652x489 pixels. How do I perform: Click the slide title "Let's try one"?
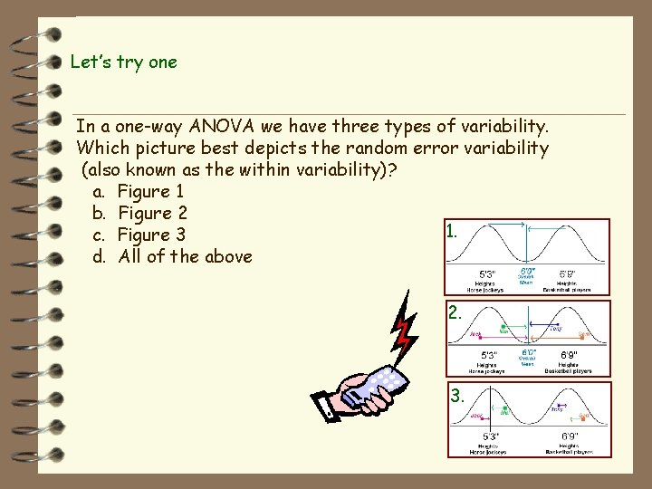pos(124,62)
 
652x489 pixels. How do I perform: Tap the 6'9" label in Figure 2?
pos(568,354)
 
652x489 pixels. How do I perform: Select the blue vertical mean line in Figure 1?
pos(526,244)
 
